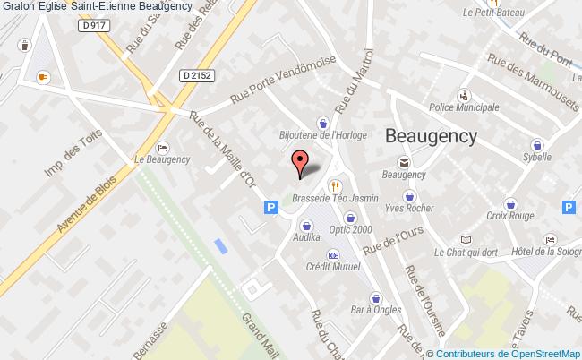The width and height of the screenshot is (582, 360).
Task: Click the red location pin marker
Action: (301, 162)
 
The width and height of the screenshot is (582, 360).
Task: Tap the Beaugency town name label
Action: (431, 135)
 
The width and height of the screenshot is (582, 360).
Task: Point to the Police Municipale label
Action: (464, 107)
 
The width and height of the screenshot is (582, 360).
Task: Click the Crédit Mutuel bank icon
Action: (334, 254)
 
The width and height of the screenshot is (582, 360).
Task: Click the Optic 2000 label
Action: (351, 229)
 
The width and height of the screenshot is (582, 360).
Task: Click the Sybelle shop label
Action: (537, 156)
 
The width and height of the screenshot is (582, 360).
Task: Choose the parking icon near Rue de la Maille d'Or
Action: (270, 207)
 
